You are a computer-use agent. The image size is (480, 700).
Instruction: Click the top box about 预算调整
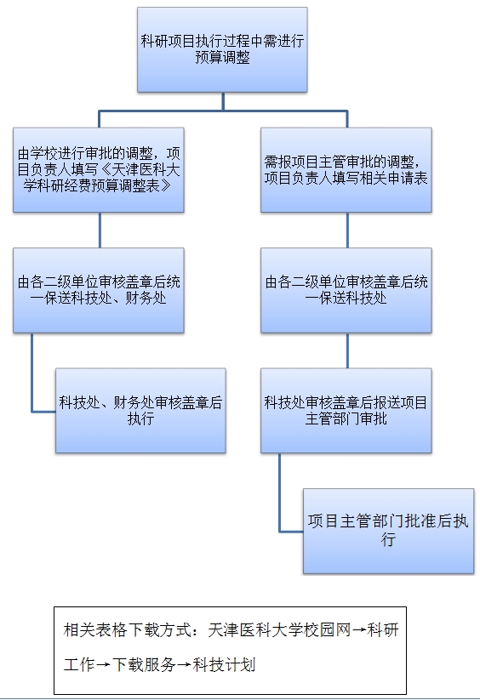coord(222,49)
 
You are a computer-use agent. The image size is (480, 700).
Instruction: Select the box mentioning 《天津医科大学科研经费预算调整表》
coord(99,169)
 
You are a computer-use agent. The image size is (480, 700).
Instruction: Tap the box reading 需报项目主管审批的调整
coord(346,169)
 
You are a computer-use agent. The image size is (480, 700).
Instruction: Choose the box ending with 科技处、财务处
coord(99,290)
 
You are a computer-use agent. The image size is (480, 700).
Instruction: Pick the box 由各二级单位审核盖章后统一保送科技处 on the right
coord(346,290)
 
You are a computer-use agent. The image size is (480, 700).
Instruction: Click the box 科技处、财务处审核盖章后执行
coord(140,411)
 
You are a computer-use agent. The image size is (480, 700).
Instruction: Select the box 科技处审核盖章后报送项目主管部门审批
coord(346,411)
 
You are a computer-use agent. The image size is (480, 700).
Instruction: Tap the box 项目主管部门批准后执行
coord(388,532)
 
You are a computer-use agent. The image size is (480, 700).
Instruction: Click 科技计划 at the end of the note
coord(224,665)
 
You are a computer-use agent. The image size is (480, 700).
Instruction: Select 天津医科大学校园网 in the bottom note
coord(279,630)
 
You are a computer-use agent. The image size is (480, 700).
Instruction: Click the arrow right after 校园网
coord(359,631)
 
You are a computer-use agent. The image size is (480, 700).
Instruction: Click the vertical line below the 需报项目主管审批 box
coord(347,230)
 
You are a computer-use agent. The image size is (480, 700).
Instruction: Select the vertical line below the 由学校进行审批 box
coord(100,230)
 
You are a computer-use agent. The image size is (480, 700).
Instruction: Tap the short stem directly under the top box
coord(223,101)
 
